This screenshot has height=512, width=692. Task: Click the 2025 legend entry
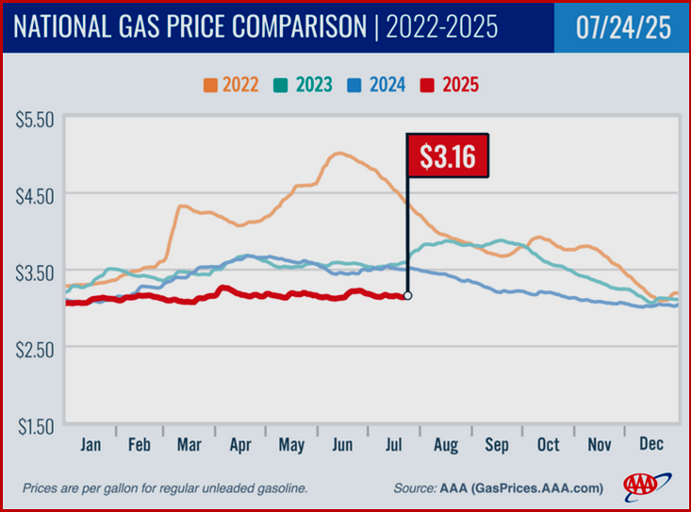click(453, 85)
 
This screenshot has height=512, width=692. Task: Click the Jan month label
click(91, 445)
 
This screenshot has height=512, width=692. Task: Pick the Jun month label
click(344, 445)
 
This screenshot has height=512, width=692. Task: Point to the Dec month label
click(651, 445)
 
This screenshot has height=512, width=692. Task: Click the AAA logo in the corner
click(644, 486)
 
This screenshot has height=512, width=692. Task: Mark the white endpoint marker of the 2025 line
click(408, 295)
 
